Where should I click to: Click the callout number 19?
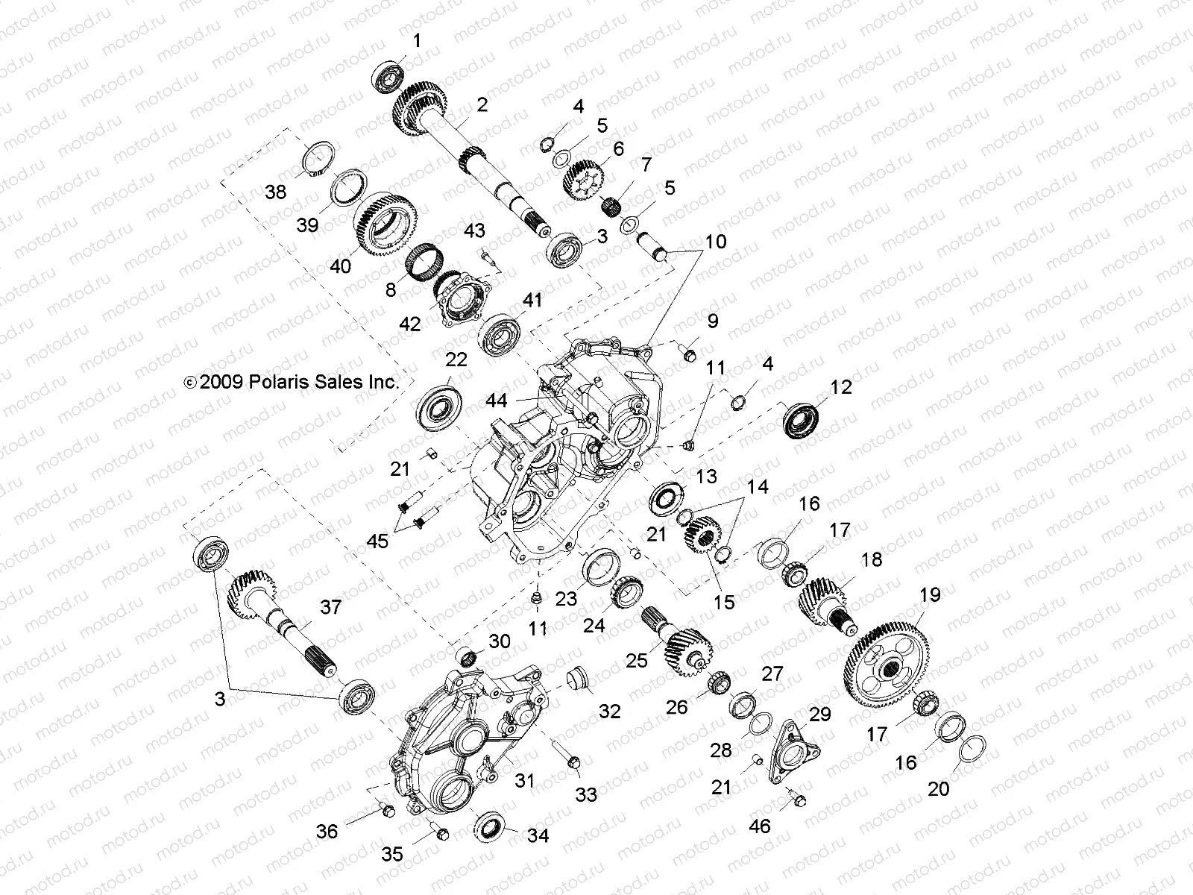tap(930, 595)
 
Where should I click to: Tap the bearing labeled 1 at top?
tap(389, 73)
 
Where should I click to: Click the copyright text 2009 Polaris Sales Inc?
tap(292, 382)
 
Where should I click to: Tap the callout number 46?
tap(760, 826)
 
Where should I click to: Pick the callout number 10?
tap(715, 242)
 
